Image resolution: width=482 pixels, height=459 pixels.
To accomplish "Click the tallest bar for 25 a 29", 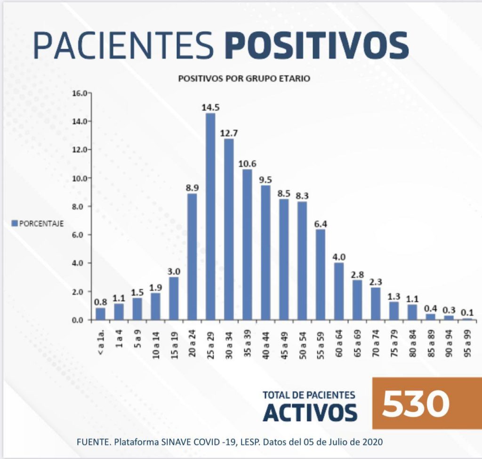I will pyautogui.click(x=210, y=216).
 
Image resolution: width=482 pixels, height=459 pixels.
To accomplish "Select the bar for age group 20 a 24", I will pyautogui.click(x=192, y=257).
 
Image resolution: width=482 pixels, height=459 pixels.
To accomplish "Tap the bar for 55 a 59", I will pyautogui.click(x=321, y=275).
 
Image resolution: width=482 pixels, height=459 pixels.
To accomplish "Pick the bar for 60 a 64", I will pyautogui.click(x=339, y=292).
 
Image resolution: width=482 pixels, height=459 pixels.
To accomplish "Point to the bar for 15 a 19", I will pyautogui.click(x=174, y=299).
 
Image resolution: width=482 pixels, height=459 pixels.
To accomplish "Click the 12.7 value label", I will pyautogui.click(x=229, y=133).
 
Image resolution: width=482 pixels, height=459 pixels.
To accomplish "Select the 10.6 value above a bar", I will pyautogui.click(x=247, y=164).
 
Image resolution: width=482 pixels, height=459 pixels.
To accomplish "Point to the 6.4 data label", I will pyautogui.click(x=321, y=224).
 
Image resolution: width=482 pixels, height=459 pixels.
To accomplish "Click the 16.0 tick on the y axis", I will pyautogui.click(x=80, y=93).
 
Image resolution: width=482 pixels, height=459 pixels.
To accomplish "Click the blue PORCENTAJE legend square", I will pyautogui.click(x=14, y=223).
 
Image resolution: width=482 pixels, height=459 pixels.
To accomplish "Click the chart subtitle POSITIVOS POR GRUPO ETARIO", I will pyautogui.click(x=244, y=79).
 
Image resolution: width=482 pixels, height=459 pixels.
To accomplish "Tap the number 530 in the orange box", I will pyautogui.click(x=415, y=404).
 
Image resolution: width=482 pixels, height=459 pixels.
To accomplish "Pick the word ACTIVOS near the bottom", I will pyautogui.click(x=309, y=412).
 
